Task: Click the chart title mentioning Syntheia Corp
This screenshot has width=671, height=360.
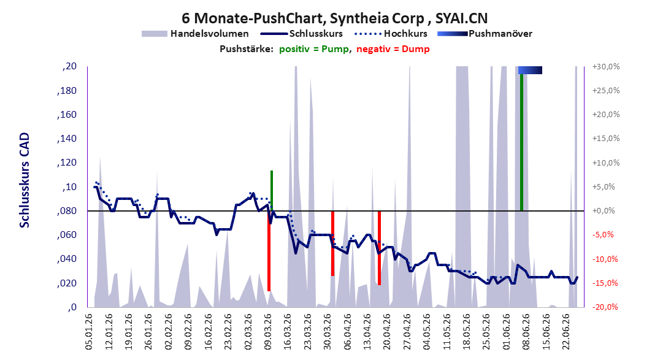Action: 335,18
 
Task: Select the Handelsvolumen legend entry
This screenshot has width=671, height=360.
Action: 195,33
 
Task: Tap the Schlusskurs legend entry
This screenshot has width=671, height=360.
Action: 301,33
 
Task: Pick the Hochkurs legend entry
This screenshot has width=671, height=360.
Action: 391,33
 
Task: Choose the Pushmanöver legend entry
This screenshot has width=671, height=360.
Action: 485,33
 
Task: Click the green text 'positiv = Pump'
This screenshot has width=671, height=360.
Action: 313,49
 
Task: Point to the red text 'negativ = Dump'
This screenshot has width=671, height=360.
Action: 393,49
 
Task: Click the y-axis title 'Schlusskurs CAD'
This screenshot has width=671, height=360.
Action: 25,180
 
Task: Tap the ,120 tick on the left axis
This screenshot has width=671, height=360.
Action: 67,163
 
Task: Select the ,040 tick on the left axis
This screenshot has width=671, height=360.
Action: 67,259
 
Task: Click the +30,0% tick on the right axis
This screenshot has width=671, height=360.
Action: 606,67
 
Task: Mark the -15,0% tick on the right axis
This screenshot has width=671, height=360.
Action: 606,283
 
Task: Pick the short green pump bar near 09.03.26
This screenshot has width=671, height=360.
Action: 271,191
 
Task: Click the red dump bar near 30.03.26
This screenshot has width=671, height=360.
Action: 332,243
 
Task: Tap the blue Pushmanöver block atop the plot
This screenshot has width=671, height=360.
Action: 530,70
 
